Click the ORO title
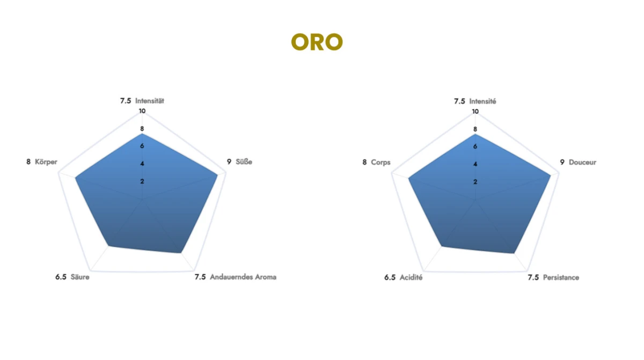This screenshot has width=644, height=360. click(x=317, y=42)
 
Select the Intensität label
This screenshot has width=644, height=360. click(x=150, y=101)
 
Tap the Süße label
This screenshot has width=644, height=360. click(x=244, y=161)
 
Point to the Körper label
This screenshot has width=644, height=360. click(x=46, y=161)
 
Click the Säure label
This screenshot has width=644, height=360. click(x=80, y=277)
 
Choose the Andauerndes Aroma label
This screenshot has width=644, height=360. click(x=243, y=277)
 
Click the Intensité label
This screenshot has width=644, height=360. click(x=482, y=101)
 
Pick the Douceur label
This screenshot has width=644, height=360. click(x=582, y=163)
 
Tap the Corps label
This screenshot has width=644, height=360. click(x=380, y=163)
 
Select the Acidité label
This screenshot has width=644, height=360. click(x=411, y=277)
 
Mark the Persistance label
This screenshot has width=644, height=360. click(x=561, y=277)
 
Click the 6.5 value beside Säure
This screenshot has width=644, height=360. click(x=61, y=277)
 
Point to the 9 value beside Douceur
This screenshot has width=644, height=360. click(x=562, y=163)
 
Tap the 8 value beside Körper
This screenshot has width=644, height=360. click(x=28, y=161)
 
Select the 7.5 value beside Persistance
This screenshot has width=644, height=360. click(x=533, y=277)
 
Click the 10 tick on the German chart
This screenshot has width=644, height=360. click(x=142, y=111)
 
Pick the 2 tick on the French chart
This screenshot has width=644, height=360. click(x=475, y=182)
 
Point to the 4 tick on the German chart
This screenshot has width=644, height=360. click(x=142, y=164)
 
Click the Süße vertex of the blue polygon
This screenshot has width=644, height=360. click(x=217, y=175)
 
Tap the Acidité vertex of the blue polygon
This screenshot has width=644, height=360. click(x=442, y=246)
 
